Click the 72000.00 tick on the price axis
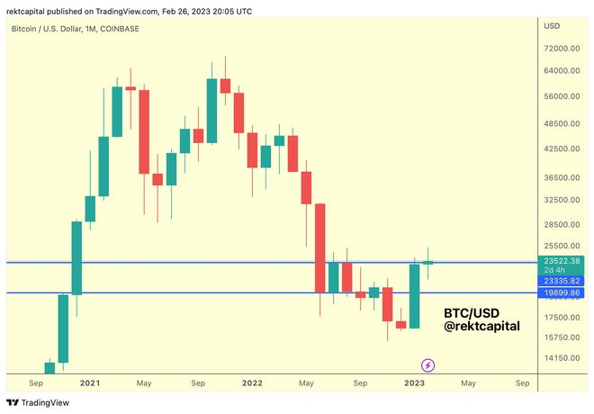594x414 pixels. click(562, 48)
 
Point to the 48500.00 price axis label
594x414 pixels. click(562, 123)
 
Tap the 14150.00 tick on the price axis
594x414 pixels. click(562, 358)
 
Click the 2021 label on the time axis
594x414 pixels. click(90, 382)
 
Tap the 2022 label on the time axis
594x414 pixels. click(251, 382)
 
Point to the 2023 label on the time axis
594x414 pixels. click(414, 382)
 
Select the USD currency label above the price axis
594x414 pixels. click(552, 26)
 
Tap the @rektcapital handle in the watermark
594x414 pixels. click(482, 327)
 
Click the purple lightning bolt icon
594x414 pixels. click(428, 364)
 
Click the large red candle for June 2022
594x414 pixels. click(320, 247)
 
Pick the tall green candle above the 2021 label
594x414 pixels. click(76, 258)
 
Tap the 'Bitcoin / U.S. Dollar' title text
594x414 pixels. click(45, 30)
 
